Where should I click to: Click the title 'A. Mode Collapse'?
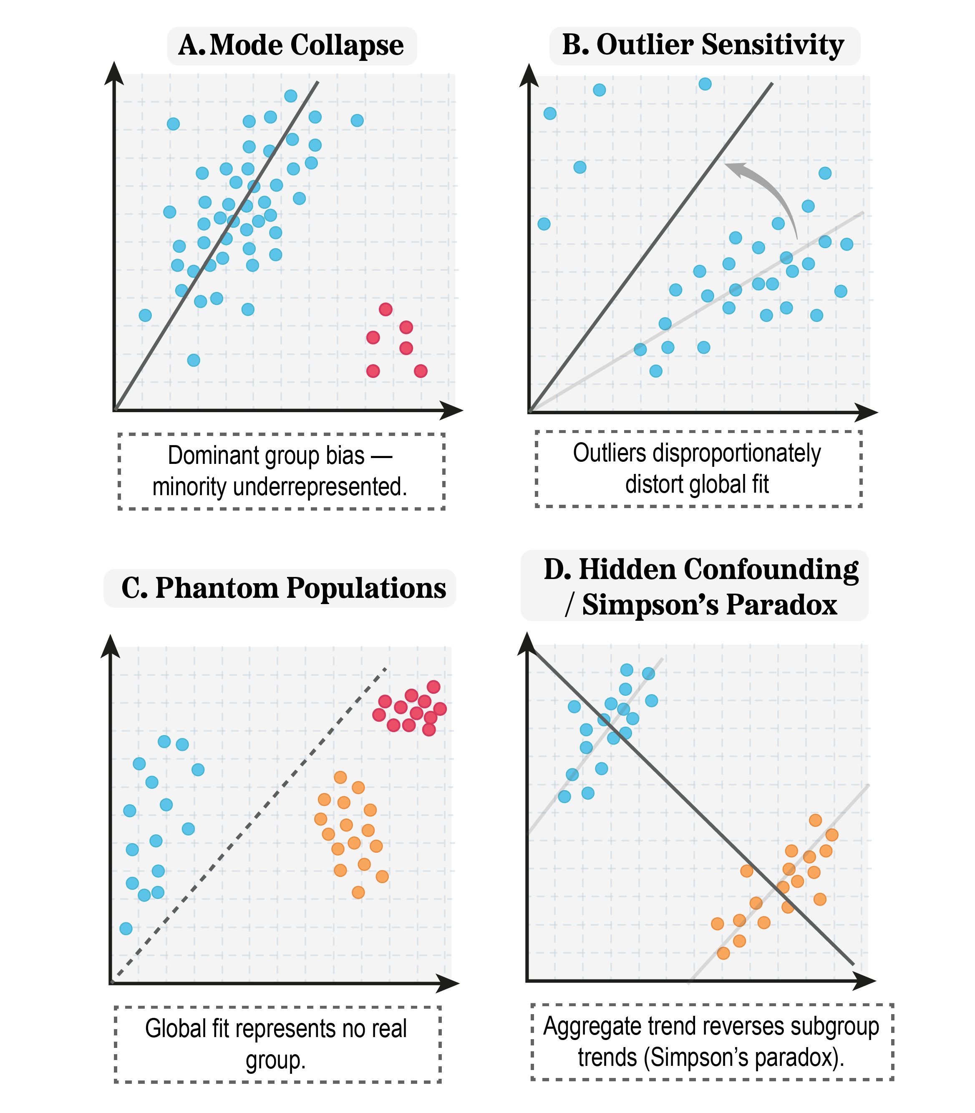[x=291, y=45]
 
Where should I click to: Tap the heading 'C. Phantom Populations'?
[x=283, y=588]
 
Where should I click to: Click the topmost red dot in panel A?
[x=385, y=310]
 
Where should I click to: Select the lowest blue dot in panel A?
[x=193, y=360]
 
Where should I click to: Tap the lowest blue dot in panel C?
[x=126, y=928]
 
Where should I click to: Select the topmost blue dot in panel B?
[x=705, y=84]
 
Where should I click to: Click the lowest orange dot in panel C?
[x=358, y=892]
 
